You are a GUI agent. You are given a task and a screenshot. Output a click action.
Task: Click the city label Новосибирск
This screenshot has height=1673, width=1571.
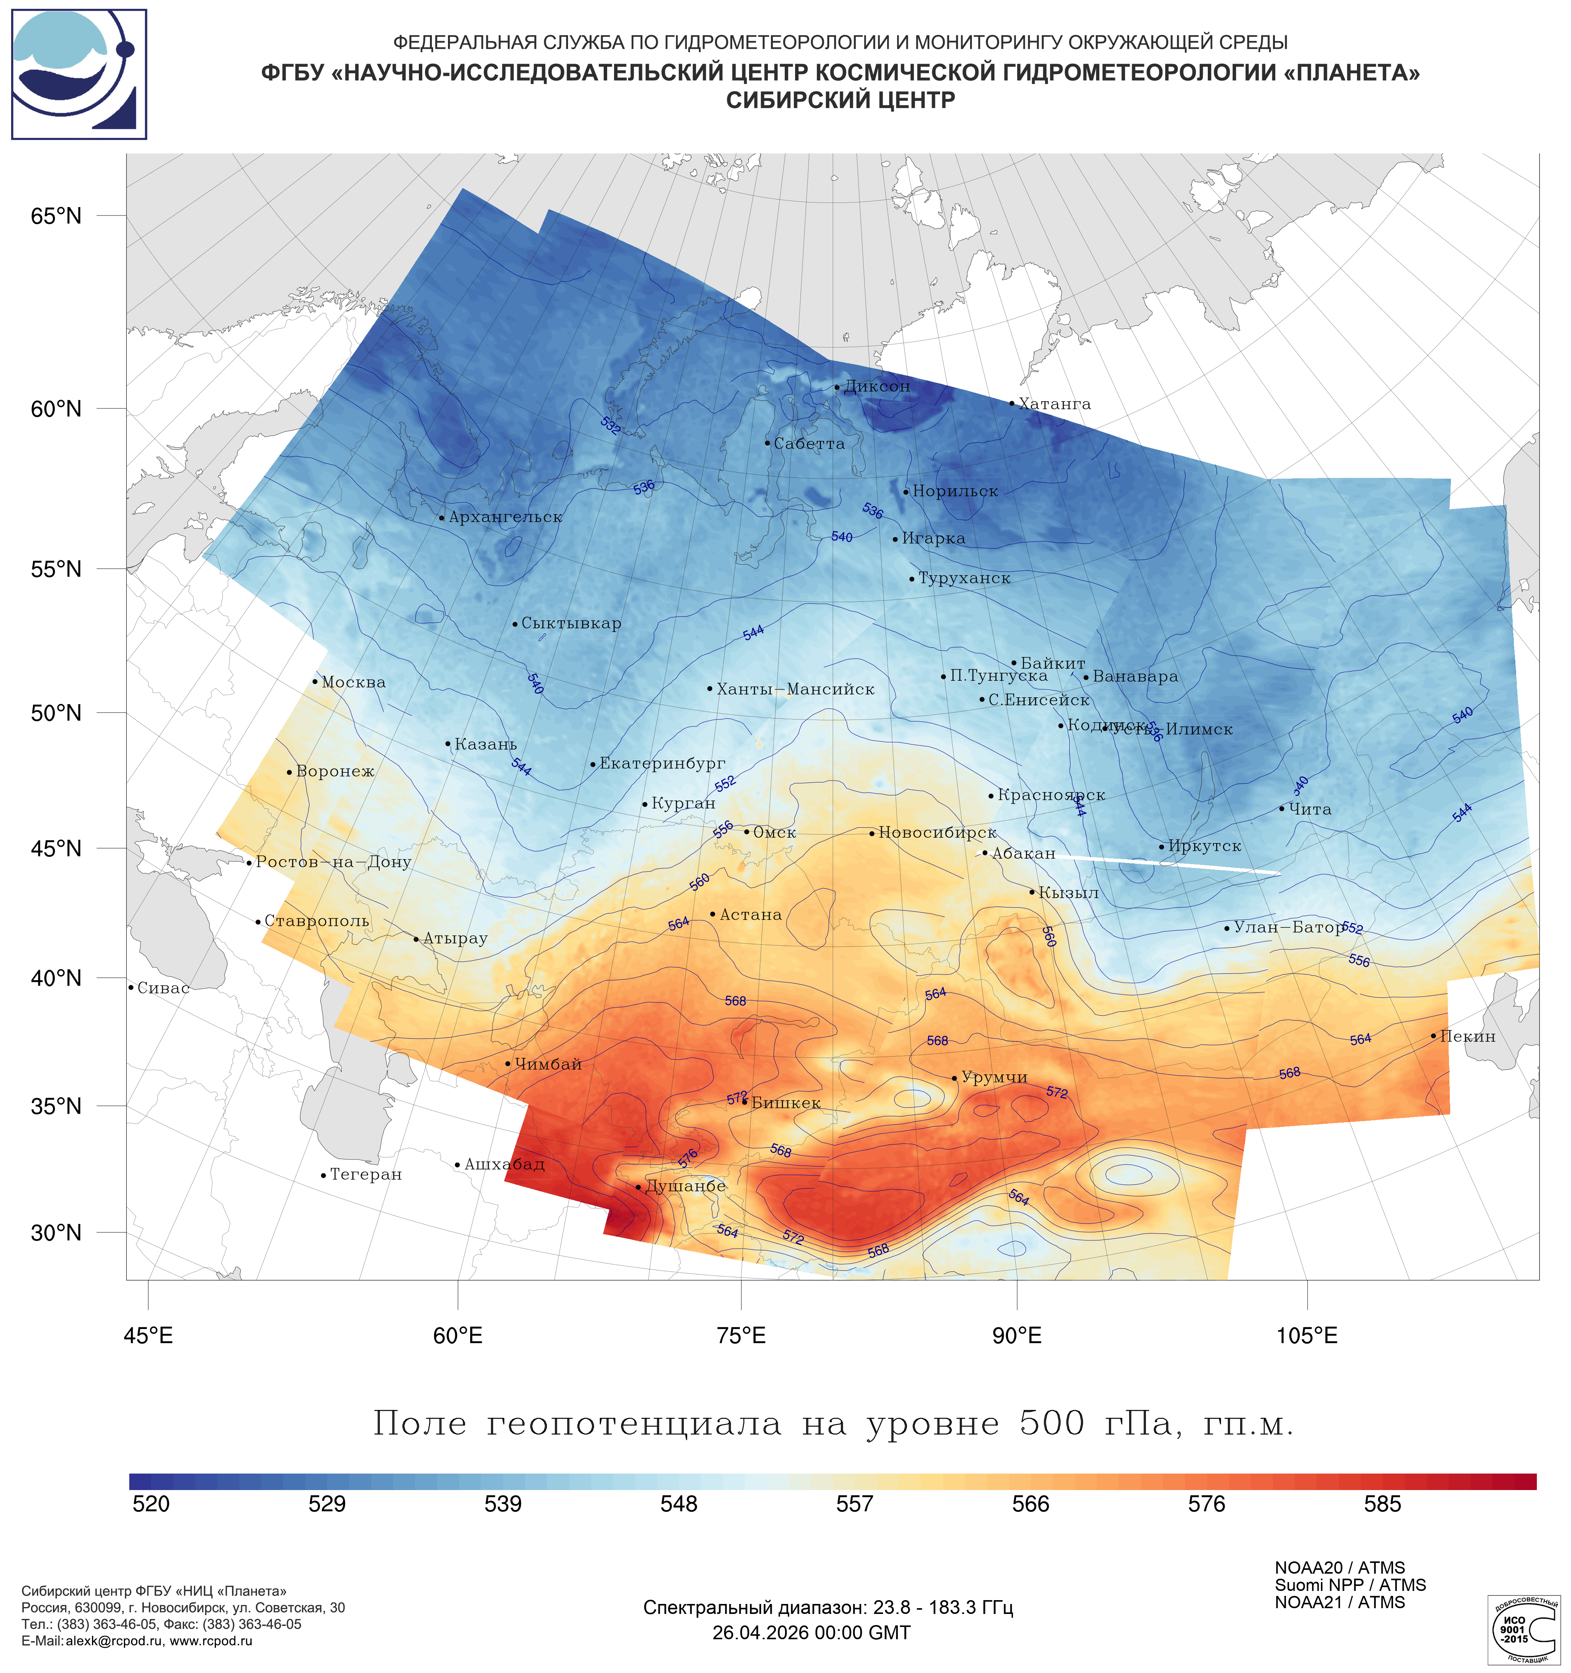937,832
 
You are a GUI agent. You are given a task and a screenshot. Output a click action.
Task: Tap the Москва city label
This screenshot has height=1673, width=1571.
353,682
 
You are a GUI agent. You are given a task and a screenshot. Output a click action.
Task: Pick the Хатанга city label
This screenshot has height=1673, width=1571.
1054,404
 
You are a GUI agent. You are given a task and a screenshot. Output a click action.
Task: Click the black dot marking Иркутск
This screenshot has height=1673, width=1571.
1162,846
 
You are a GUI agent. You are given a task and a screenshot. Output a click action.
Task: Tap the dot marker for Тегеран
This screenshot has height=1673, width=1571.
323,1176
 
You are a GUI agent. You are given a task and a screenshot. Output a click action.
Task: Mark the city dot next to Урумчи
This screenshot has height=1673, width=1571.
954,1078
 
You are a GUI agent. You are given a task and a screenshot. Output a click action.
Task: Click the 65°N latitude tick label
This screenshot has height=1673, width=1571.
56,216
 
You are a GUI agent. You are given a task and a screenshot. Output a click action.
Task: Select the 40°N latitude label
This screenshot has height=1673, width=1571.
56,978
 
